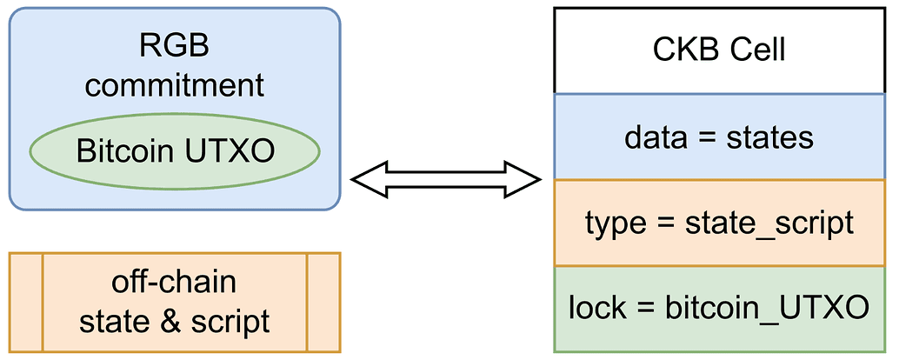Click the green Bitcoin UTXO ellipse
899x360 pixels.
(175, 152)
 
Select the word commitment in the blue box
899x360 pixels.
(175, 85)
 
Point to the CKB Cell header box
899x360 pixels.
(718, 50)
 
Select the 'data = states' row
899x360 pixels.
(718, 137)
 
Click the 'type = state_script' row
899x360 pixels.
(718, 223)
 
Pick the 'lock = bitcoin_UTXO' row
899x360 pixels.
(718, 308)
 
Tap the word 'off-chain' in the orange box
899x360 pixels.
(175, 283)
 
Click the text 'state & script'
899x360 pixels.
(175, 322)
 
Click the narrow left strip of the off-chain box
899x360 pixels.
(25, 303)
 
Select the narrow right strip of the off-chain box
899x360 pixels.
(323, 303)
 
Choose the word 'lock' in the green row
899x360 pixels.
(595, 308)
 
